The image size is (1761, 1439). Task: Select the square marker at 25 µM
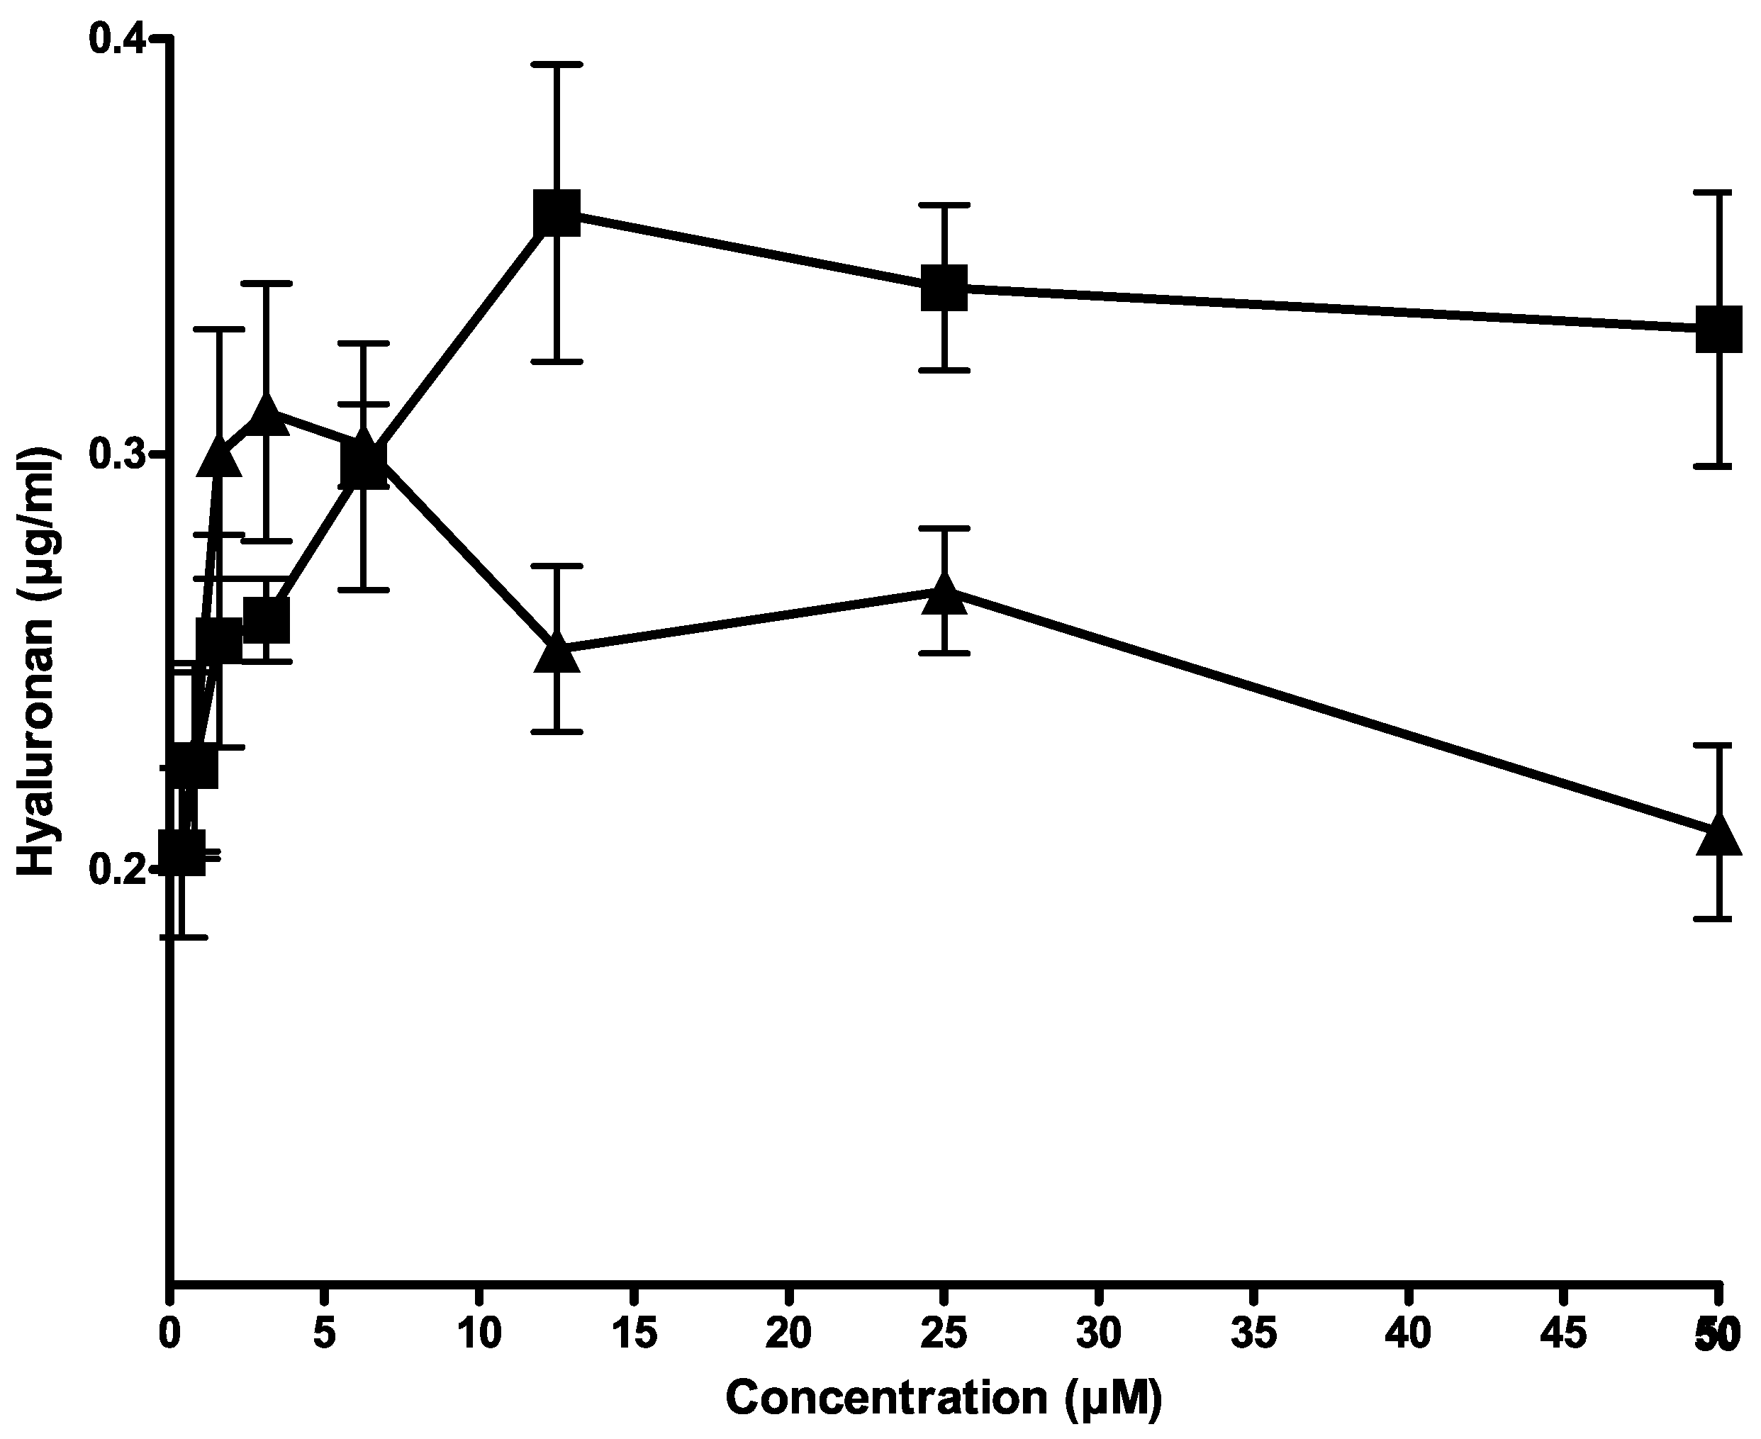(x=944, y=288)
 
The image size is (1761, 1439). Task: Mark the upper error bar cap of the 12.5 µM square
(x=557, y=64)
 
